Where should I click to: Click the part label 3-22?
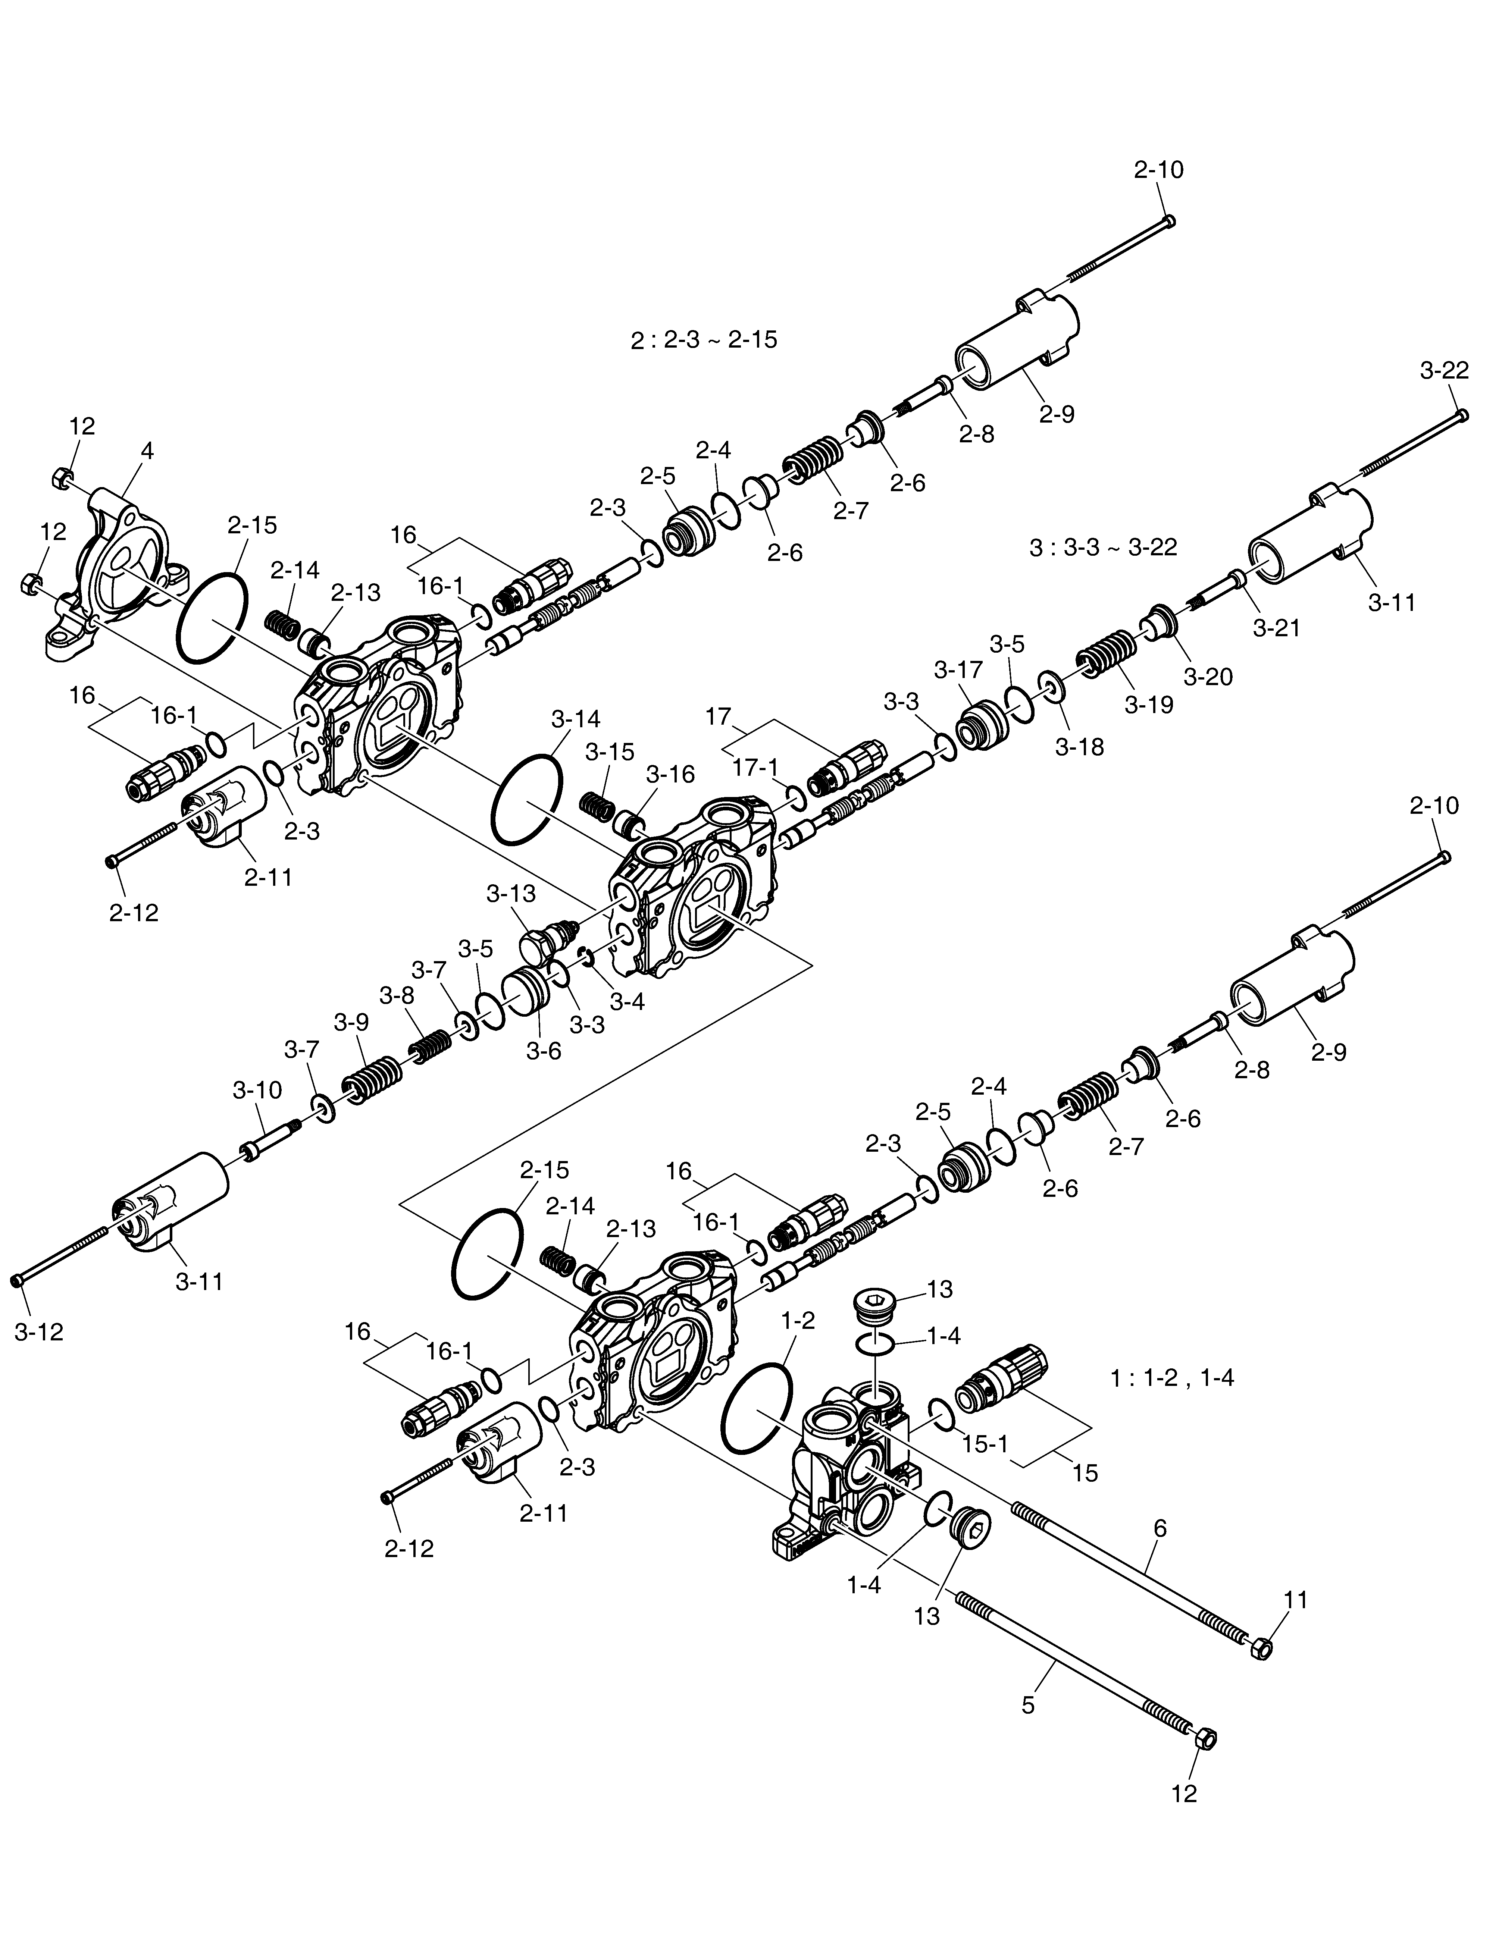click(x=1444, y=371)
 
